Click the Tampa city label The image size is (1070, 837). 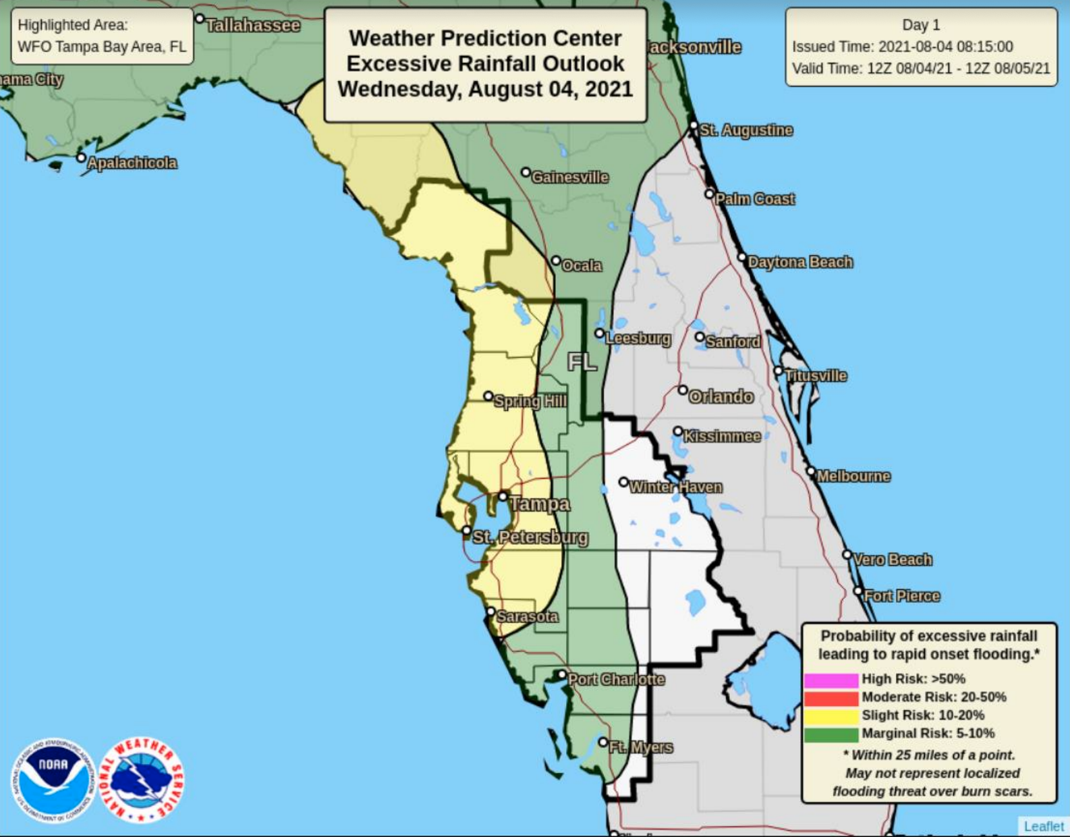[x=539, y=504]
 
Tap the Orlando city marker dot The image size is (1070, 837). [x=683, y=390]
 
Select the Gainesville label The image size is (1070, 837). [x=570, y=178]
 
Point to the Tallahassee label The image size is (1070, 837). [x=253, y=26]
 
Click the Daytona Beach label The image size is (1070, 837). [x=800, y=262]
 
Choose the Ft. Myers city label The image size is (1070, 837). [x=641, y=747]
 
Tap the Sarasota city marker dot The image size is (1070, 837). [x=492, y=612]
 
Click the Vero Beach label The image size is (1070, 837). [x=893, y=560]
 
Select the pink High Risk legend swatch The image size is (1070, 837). [x=830, y=680]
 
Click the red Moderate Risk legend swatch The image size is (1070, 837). [x=830, y=697]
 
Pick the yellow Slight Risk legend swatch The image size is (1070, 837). [x=830, y=715]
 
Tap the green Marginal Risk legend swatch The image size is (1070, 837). [x=830, y=734]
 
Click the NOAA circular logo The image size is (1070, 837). [x=53, y=780]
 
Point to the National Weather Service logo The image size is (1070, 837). [x=141, y=780]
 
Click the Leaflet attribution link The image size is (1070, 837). [x=1043, y=826]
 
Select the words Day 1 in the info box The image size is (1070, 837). [x=921, y=25]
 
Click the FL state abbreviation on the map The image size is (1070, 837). [x=582, y=362]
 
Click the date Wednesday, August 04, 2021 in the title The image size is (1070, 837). [x=485, y=89]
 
